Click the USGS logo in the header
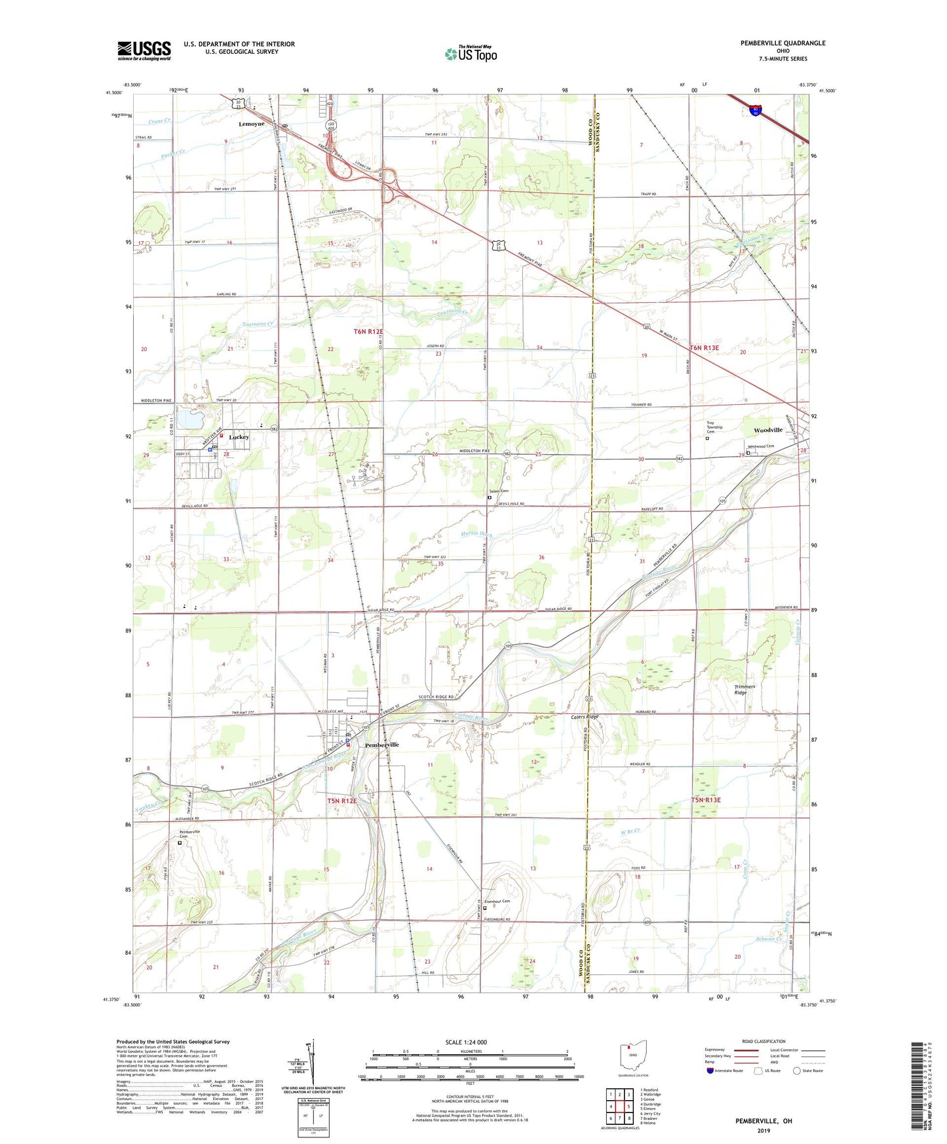(x=144, y=50)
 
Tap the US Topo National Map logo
(x=471, y=53)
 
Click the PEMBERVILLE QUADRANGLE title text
(x=783, y=43)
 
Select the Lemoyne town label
(x=252, y=124)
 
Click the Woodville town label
(x=767, y=430)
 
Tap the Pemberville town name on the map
(x=381, y=745)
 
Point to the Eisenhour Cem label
(x=496, y=902)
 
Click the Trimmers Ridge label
(x=744, y=689)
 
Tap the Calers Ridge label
(x=584, y=717)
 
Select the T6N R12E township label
(x=368, y=332)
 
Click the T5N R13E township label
(x=705, y=800)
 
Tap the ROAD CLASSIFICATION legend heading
(x=763, y=1041)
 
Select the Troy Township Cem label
(x=714, y=427)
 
